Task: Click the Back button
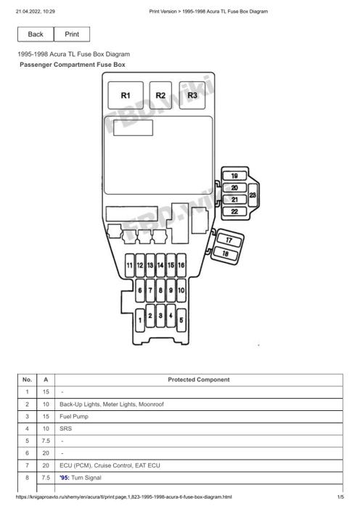pos(36,34)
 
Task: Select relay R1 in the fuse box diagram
pos(126,95)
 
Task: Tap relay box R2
pos(160,95)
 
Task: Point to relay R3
pos(192,95)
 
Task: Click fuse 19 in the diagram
pos(234,176)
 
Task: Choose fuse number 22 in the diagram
pos(234,211)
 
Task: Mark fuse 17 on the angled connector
pos(229,240)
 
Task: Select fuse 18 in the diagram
pos(226,253)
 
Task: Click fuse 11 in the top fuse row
pos(129,265)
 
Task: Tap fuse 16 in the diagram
pos(181,265)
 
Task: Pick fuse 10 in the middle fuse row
pos(181,290)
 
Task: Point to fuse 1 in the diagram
pos(140,320)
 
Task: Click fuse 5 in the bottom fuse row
pos(181,320)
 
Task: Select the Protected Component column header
pos(199,380)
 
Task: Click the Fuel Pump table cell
pos(74,417)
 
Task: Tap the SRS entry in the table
pos(65,429)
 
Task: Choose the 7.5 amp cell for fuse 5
pos(46,441)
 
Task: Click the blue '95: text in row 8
pos(65,478)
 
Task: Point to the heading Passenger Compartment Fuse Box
pos(73,65)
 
